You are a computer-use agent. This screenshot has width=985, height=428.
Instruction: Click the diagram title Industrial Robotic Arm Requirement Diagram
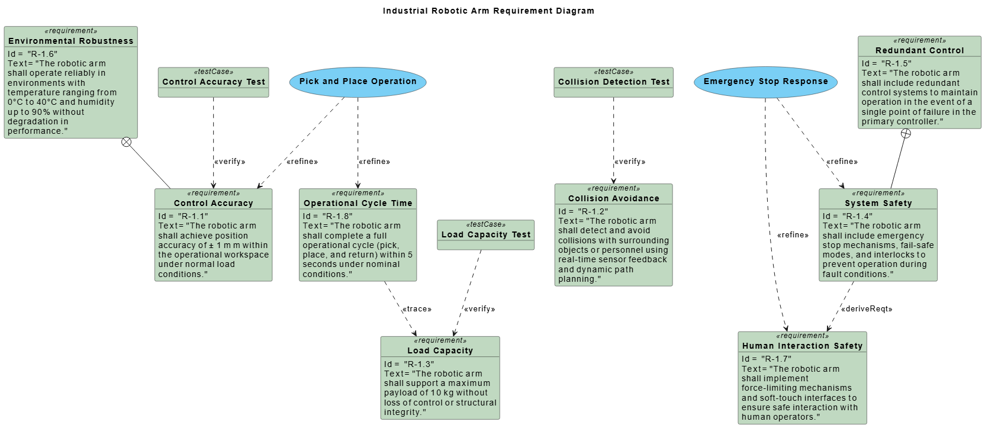488,11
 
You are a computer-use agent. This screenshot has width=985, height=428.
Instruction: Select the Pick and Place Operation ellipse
358,82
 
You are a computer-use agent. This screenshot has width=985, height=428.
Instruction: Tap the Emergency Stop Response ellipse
765,82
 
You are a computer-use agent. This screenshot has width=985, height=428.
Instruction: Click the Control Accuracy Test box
214,82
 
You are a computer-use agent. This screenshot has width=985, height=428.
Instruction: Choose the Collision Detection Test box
614,82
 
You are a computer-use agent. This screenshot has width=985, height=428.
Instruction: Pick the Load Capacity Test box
486,234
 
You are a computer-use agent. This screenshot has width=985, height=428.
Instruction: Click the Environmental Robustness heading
71,41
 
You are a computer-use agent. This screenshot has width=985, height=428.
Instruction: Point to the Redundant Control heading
919,50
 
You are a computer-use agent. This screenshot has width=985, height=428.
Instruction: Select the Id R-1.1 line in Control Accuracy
183,216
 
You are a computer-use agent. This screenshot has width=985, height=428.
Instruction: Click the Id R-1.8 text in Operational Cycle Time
327,216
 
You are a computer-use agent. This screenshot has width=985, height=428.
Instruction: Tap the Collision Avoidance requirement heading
614,198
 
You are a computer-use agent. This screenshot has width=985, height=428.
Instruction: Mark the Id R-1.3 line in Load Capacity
409,364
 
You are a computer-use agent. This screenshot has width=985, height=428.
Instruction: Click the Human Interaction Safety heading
802,346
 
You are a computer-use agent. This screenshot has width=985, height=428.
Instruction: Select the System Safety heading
878,203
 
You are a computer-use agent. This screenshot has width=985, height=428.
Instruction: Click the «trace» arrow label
417,309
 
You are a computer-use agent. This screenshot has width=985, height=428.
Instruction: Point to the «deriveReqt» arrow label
867,309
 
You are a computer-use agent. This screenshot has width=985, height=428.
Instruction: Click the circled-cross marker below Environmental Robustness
126,142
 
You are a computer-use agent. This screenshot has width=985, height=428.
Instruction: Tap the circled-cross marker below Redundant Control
906,133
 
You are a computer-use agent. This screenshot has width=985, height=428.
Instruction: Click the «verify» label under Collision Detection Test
630,162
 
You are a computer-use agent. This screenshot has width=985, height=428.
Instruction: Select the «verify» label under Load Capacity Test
479,309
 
